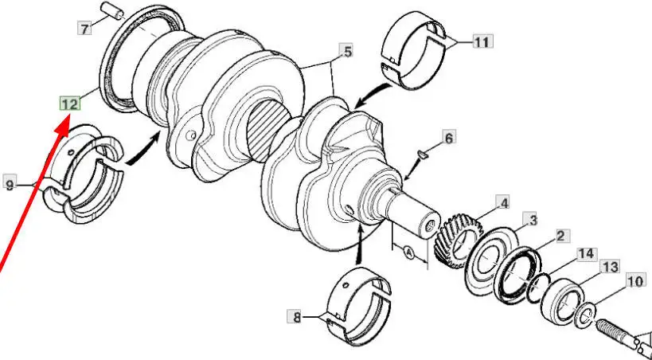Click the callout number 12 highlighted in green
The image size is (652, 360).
69,104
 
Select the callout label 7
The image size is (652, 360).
84,29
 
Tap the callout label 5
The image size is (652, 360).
347,52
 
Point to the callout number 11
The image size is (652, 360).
482,41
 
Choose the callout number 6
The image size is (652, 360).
449,137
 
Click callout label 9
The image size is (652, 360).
10,182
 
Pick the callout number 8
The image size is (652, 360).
295,318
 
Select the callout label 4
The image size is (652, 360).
504,204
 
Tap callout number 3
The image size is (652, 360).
533,219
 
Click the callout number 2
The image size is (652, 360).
560,237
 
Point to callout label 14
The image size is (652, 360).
587,254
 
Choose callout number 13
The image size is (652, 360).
610,267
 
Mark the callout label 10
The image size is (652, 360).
636,281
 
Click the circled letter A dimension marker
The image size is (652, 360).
408,252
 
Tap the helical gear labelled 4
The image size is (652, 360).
458,241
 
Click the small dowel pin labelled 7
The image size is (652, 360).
112,10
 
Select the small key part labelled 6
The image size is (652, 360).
423,155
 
